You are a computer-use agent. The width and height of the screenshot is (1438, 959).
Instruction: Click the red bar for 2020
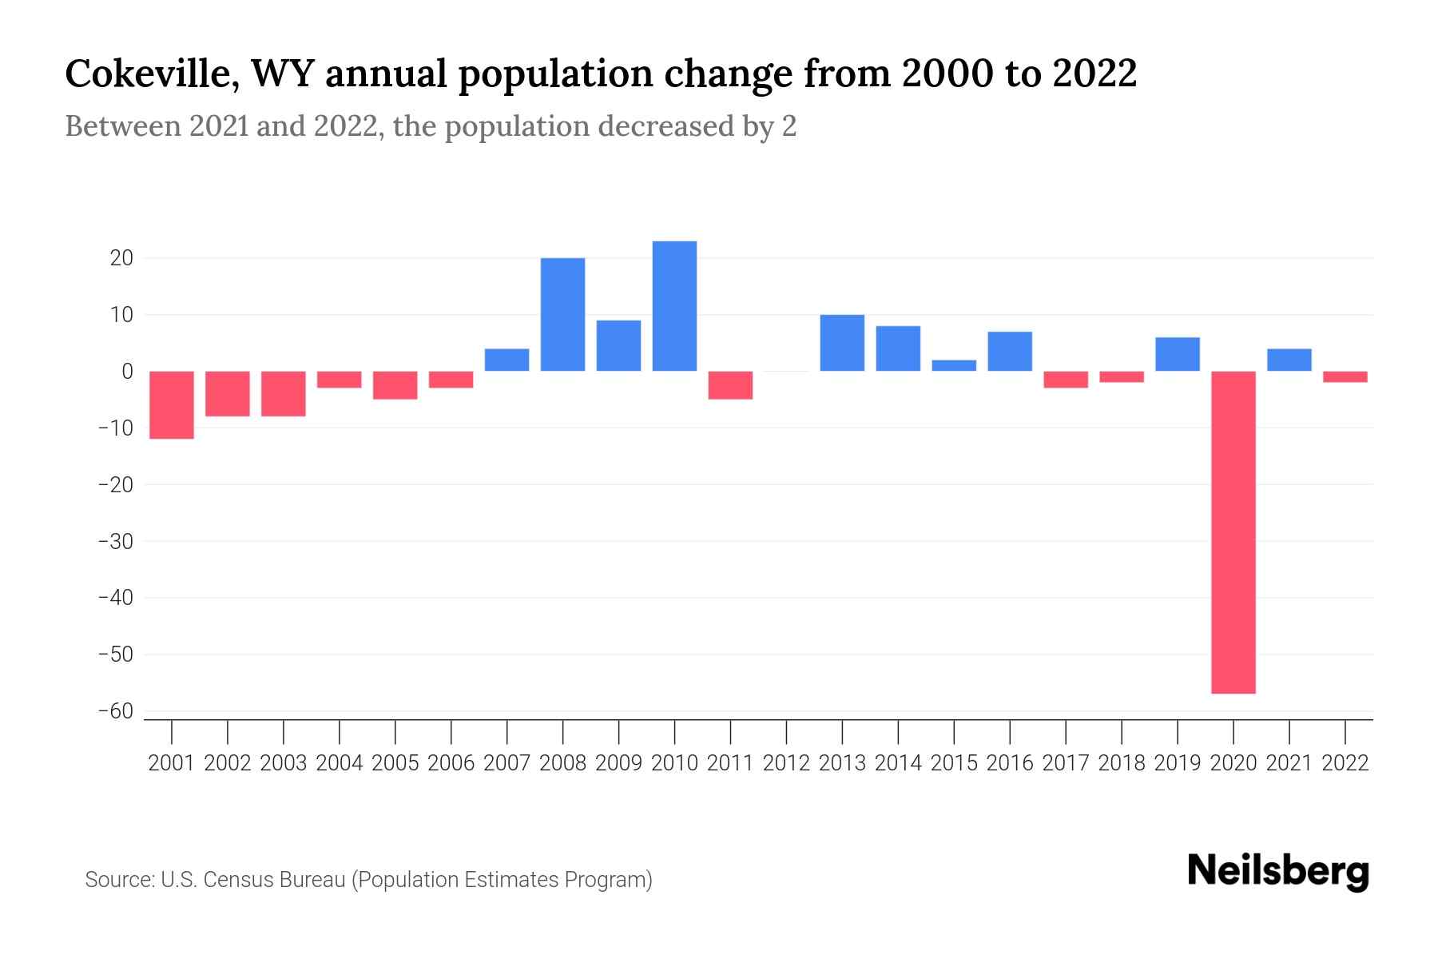pyautogui.click(x=1233, y=532)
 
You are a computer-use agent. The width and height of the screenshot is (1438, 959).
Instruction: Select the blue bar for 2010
pyautogui.click(x=674, y=306)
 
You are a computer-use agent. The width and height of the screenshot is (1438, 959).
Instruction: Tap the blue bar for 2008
pyautogui.click(x=562, y=314)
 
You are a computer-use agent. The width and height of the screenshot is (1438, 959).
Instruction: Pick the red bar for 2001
pyautogui.click(x=172, y=405)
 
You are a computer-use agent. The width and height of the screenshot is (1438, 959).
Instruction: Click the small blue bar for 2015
pyautogui.click(x=954, y=366)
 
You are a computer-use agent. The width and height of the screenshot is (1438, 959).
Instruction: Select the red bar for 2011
pyautogui.click(x=730, y=385)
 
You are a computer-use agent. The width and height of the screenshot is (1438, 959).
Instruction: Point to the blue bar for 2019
pyautogui.click(x=1178, y=354)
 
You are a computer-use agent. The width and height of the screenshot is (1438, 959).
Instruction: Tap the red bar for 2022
pyautogui.click(x=1345, y=377)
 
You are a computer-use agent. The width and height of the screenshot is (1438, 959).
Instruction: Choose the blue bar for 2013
pyautogui.click(x=842, y=343)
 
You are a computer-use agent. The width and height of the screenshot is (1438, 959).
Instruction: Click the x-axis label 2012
pyautogui.click(x=786, y=763)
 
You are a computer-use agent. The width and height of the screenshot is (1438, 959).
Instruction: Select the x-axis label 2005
pyautogui.click(x=395, y=763)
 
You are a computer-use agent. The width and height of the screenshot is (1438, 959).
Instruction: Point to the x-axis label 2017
pyautogui.click(x=1066, y=763)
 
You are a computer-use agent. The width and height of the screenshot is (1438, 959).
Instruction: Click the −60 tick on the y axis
pyautogui.click(x=116, y=711)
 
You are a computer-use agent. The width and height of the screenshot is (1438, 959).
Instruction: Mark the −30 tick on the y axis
pyautogui.click(x=116, y=541)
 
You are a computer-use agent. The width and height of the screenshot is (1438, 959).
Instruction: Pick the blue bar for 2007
pyautogui.click(x=506, y=360)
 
